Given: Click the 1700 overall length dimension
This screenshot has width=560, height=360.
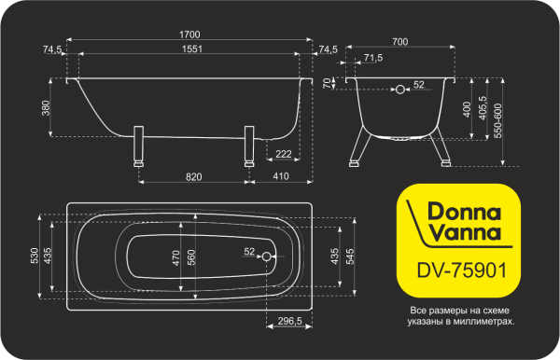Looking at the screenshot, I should [190, 35].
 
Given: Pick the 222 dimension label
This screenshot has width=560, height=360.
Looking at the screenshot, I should [284, 152].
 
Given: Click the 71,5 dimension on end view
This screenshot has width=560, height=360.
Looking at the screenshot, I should [372, 58].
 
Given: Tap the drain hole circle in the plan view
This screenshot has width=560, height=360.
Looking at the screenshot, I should [267, 256].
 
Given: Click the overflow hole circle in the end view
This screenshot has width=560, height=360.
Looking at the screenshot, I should [401, 90].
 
